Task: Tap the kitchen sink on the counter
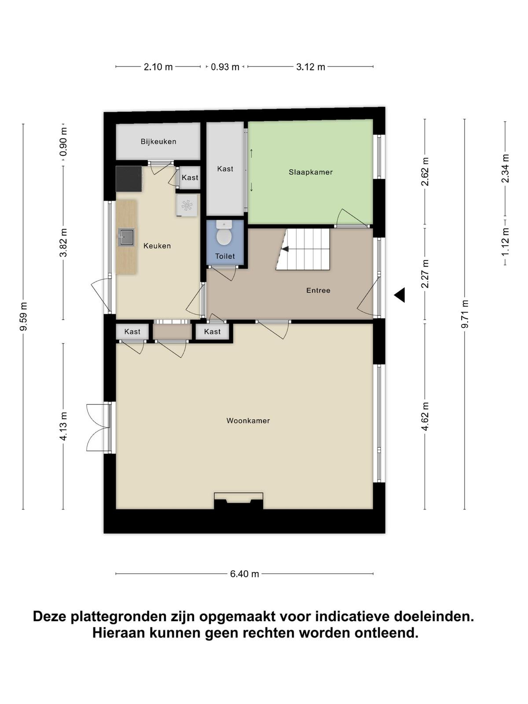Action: coord(126,237)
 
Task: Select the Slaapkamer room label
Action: coord(310,172)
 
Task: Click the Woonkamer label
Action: coord(248,421)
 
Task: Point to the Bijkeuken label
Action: coord(158,141)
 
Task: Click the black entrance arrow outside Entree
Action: coord(400,295)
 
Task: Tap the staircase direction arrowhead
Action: coord(285,249)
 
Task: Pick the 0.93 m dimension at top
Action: coord(225,67)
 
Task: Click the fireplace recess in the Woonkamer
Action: coord(238,501)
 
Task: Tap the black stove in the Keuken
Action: coord(128,179)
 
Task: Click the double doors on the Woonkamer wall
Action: coord(99,428)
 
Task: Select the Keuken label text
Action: coord(157,246)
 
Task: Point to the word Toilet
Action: coord(225,256)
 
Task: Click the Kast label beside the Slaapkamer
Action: coord(225,169)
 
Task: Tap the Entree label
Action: coord(318,290)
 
